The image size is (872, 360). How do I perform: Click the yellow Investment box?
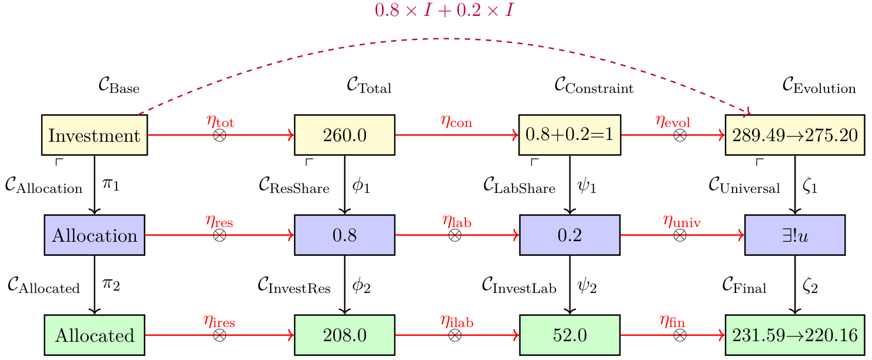point(94,135)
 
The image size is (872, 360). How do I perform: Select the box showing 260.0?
point(344,135)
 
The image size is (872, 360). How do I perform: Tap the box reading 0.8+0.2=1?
point(570,135)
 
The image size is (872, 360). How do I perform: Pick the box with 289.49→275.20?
point(795,135)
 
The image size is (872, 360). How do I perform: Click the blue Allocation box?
point(94,235)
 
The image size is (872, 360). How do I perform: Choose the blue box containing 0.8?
point(344,235)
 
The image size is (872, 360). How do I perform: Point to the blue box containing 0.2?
point(570,235)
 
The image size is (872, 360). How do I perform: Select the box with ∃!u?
point(795,235)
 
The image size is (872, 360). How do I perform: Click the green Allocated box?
point(94,335)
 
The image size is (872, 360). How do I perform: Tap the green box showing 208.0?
point(344,335)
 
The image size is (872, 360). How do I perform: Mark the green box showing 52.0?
point(570,335)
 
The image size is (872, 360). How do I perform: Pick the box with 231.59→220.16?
point(795,335)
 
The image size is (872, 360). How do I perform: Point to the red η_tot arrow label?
point(219,122)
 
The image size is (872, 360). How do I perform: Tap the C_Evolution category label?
point(818,87)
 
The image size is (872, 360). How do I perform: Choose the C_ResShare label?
point(293,187)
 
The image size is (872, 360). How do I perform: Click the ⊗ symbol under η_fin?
point(680,335)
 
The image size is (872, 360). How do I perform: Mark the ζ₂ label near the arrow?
point(810,286)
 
